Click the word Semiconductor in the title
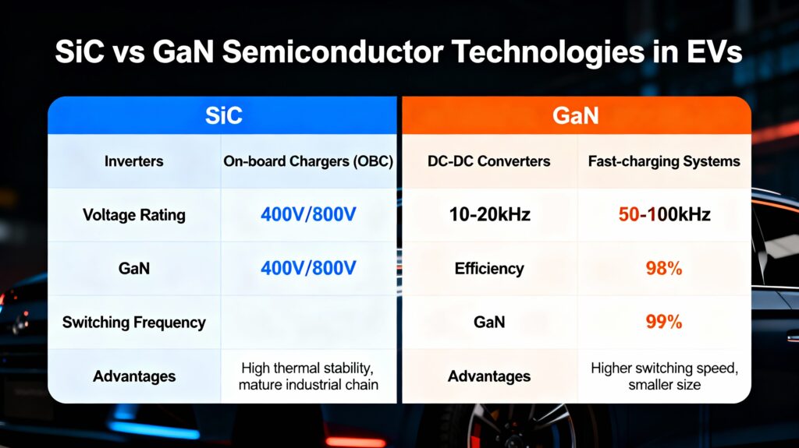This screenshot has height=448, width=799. tap(333, 52)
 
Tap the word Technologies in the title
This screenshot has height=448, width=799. tap(549, 53)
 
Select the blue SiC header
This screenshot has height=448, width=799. tap(222, 115)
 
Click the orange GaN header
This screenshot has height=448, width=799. tap(577, 115)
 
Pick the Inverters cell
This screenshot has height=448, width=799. tap(134, 161)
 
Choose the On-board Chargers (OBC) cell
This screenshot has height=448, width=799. tap(308, 161)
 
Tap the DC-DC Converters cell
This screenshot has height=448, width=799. tap(489, 161)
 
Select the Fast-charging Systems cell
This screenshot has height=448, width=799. tap(664, 161)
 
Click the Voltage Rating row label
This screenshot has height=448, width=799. tap(134, 215)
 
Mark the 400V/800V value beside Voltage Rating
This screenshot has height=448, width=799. tap(308, 214)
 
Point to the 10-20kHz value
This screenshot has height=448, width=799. tap(490, 214)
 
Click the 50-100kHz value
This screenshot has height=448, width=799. tap(665, 214)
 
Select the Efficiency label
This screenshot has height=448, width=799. tap(489, 268)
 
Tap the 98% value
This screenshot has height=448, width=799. tap(664, 268)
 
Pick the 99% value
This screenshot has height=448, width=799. tap(664, 322)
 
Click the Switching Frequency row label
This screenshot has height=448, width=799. tap(134, 323)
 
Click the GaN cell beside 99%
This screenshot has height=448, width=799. tap(489, 322)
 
